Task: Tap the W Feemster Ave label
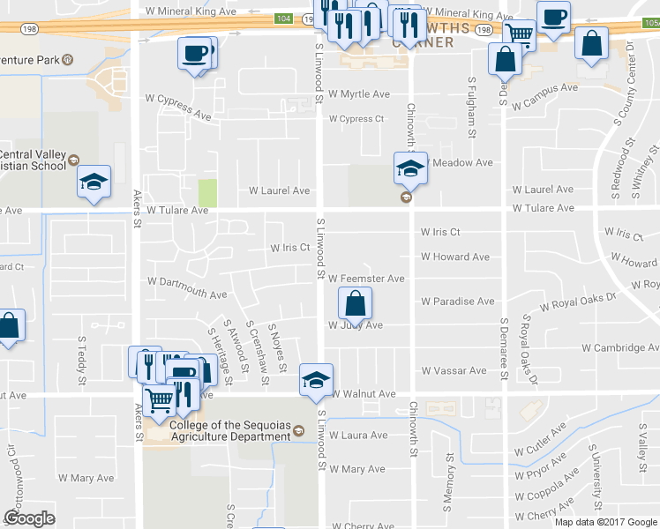pos(366,279)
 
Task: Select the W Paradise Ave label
pos(457,302)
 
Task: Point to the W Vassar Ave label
pos(454,371)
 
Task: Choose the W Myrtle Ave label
pos(358,94)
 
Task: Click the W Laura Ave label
pos(357,436)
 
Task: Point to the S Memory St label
pos(449,479)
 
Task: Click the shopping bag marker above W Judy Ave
pos(355,304)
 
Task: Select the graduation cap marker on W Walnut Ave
pos(316,379)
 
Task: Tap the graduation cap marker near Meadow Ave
pos(410,167)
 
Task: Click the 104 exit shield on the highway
pos(283,18)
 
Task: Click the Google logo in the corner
pos(29,518)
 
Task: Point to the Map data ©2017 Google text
pos(606,522)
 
